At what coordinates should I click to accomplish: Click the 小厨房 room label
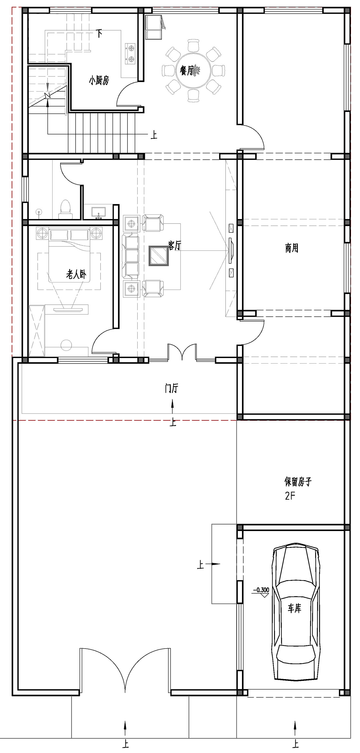(x=99, y=80)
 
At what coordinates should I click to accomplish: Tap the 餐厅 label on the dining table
(x=187, y=70)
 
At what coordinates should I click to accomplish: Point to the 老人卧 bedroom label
(x=76, y=274)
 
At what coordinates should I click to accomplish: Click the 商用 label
(x=292, y=248)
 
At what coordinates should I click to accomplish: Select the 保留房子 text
(x=298, y=481)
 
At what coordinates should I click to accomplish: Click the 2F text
(x=290, y=496)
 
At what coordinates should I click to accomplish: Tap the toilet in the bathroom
(x=66, y=210)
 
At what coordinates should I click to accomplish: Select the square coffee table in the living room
(x=159, y=256)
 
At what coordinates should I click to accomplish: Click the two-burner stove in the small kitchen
(x=130, y=54)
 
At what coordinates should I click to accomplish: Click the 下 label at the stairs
(x=99, y=33)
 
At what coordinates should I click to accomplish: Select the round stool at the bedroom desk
(x=66, y=345)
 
